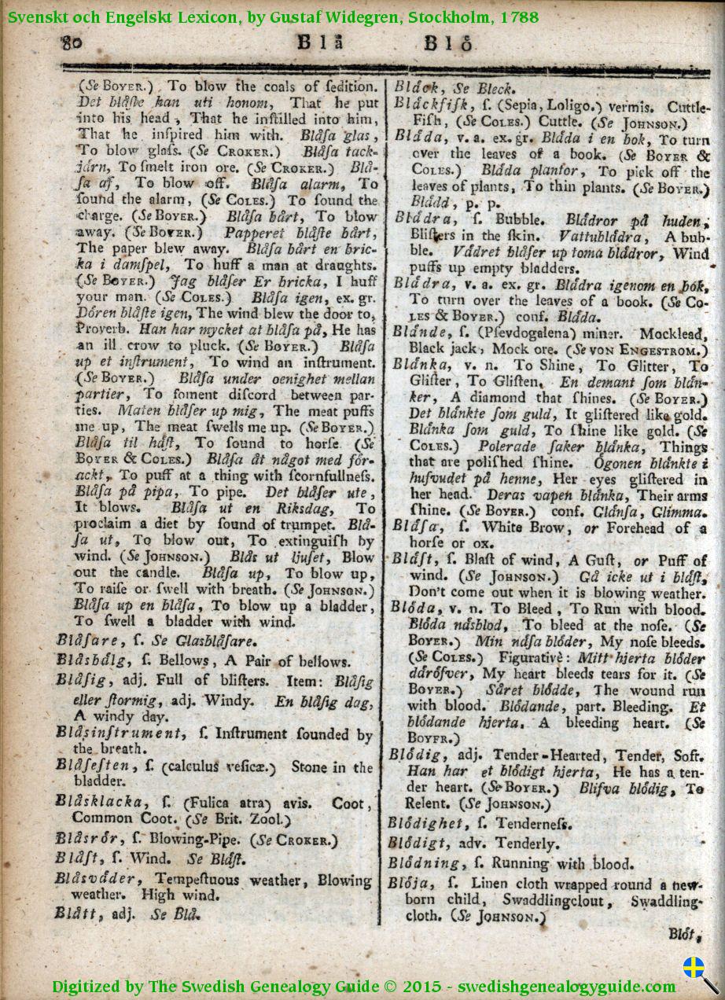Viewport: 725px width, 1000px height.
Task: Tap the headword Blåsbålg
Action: tap(90, 661)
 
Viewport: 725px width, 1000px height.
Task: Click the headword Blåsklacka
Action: tap(100, 802)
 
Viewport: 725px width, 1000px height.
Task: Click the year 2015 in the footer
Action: tap(425, 987)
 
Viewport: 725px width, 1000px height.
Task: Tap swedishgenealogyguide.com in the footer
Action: tap(567, 987)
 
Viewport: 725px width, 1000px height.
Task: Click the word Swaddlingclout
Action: tap(554, 899)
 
